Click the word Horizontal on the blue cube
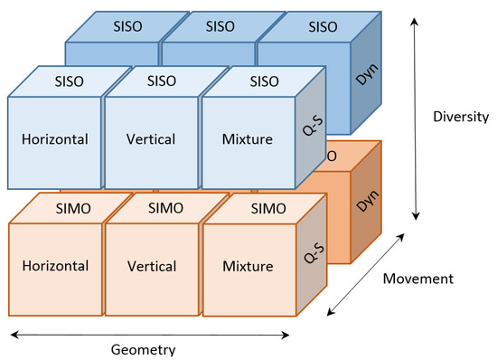(52, 140)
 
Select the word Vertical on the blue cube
(148, 140)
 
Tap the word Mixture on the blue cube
(246, 140)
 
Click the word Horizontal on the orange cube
(52, 266)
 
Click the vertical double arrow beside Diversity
(415, 118)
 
